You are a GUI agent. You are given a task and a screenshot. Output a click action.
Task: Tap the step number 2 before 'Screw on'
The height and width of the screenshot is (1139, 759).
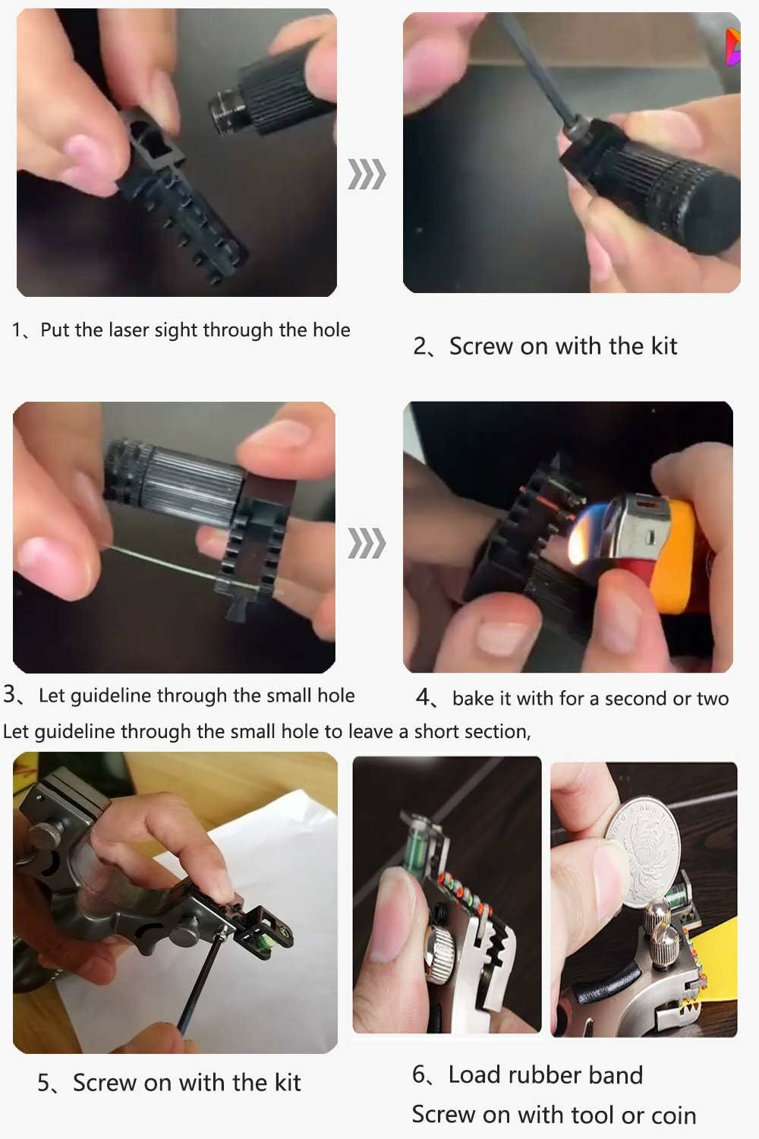coord(421,347)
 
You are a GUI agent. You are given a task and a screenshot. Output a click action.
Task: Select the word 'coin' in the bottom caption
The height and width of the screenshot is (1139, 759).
coord(673,1115)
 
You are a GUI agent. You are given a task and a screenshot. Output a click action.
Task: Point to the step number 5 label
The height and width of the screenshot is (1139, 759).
coord(44,1083)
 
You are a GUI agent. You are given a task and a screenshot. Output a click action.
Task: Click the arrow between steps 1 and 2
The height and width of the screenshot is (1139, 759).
coord(367,174)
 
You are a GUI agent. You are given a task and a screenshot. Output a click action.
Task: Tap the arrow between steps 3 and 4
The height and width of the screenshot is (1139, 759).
coord(367,543)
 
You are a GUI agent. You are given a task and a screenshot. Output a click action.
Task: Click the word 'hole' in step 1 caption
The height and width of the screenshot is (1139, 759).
coord(332,330)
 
